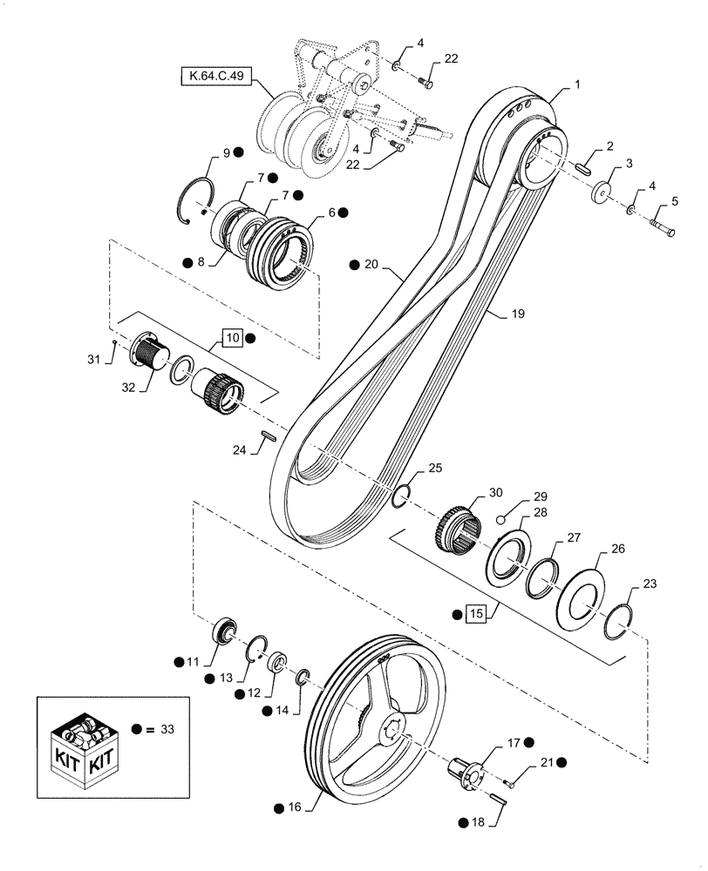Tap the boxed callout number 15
[x=475, y=614]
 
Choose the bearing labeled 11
[x=225, y=631]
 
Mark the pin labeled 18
[x=497, y=797]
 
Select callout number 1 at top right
[x=577, y=86]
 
